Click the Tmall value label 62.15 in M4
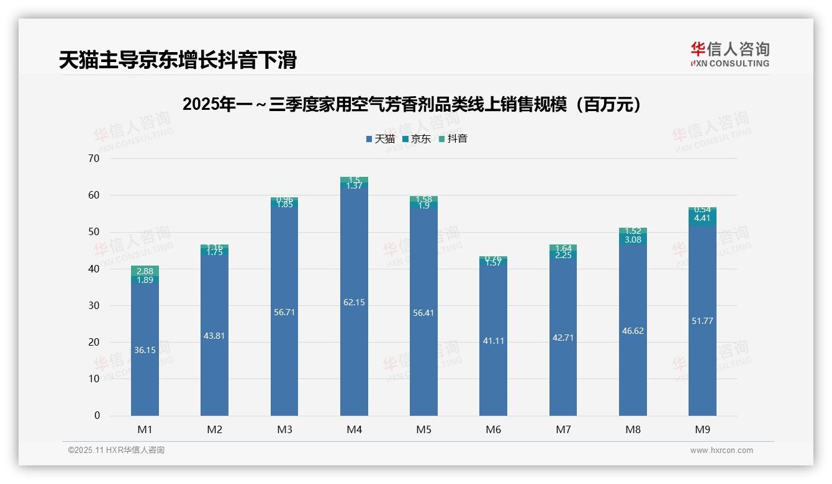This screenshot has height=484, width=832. (x=354, y=302)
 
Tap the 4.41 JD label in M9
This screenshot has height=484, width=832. (x=702, y=218)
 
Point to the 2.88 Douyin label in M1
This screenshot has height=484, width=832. (x=145, y=271)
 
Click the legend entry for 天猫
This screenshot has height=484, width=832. (x=381, y=139)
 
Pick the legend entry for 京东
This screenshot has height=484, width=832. (x=417, y=139)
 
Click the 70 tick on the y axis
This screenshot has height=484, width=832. (x=94, y=159)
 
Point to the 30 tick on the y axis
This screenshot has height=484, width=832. (x=94, y=306)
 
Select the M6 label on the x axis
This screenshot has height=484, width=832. (x=494, y=429)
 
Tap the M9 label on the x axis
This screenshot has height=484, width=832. (x=702, y=429)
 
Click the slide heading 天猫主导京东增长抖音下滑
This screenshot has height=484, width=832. (x=178, y=60)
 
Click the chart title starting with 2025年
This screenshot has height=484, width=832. (x=413, y=105)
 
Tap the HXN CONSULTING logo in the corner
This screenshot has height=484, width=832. (x=730, y=55)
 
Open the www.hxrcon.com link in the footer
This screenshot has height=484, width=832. (x=721, y=450)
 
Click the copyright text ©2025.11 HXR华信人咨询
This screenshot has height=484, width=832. (x=116, y=450)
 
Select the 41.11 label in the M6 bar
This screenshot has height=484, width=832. (x=494, y=341)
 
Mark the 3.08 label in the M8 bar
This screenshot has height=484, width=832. (x=633, y=240)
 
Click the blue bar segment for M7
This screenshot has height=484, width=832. (x=563, y=372)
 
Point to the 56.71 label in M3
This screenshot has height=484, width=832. (x=284, y=312)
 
